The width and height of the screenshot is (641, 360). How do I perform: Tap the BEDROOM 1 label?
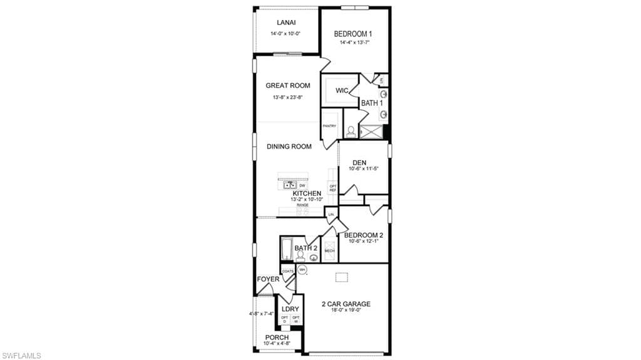click(x=354, y=34)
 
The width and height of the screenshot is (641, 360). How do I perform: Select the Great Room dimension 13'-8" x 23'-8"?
click(x=287, y=98)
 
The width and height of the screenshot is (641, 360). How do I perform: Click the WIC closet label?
click(x=342, y=91)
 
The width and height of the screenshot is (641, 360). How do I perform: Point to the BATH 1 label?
click(x=372, y=103)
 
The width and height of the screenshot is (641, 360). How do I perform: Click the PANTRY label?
click(x=329, y=126)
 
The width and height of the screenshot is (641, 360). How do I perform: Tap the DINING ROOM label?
click(x=289, y=147)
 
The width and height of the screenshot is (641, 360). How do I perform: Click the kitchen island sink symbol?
click(x=290, y=185)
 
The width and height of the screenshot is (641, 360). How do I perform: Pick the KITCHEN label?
click(x=307, y=193)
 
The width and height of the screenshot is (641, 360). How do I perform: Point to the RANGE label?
click(x=302, y=205)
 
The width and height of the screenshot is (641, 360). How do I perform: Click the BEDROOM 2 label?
click(x=364, y=235)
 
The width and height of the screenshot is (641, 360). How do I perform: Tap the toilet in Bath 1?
click(x=351, y=131)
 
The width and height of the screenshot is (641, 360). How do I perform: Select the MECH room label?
click(x=329, y=251)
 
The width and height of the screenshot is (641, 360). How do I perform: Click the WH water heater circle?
click(x=302, y=270)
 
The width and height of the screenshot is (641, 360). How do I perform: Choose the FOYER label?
click(x=268, y=279)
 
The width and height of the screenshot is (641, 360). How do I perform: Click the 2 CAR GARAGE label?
click(x=346, y=304)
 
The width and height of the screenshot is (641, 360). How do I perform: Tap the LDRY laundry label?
click(x=290, y=309)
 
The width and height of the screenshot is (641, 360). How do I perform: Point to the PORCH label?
click(x=277, y=337)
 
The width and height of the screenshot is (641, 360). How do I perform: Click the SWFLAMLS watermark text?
click(x=21, y=356)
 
